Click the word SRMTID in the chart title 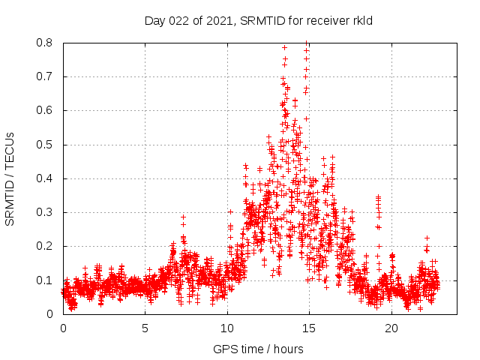(259, 21)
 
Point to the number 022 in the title (179, 21)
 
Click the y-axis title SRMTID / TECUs (10, 178)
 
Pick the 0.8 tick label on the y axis (47, 43)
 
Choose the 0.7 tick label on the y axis (47, 76)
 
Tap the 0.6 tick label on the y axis (47, 110)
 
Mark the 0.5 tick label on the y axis (47, 145)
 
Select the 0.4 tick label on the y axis (47, 178)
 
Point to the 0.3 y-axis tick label (47, 212)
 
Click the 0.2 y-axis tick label (47, 246)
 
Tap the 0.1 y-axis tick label (47, 280)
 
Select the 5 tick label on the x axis (145, 328)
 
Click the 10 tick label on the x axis (226, 328)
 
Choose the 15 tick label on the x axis (308, 328)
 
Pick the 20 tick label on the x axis (390, 328)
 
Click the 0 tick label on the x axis (63, 328)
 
